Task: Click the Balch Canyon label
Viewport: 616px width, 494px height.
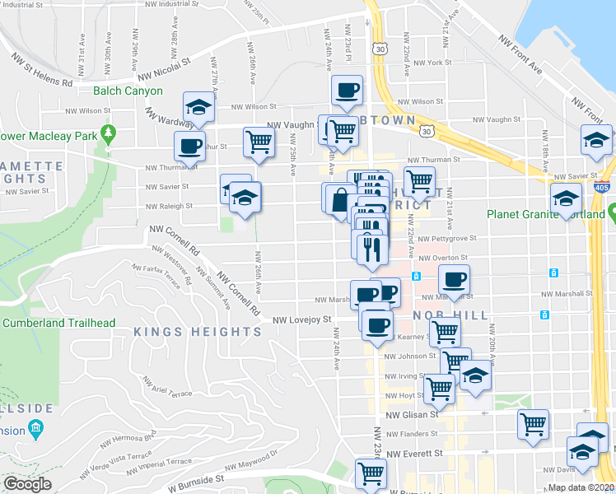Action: pyautogui.click(x=128, y=91)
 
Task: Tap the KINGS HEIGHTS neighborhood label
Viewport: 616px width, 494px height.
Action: pyautogui.click(x=198, y=332)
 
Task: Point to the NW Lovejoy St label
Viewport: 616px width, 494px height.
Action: pyautogui.click(x=301, y=319)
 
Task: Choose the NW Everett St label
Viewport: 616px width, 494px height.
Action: pyautogui.click(x=415, y=453)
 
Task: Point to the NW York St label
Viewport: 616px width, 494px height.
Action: pyautogui.click(x=432, y=63)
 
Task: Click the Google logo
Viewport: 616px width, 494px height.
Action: pyautogui.click(x=27, y=484)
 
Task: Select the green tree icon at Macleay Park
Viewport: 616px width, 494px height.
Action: pyautogui.click(x=108, y=133)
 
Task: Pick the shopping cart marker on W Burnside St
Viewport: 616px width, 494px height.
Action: pyautogui.click(x=371, y=473)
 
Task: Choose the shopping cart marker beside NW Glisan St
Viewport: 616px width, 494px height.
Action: pyautogui.click(x=534, y=423)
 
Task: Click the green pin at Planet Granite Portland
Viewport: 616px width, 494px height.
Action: pyautogui.click(x=613, y=215)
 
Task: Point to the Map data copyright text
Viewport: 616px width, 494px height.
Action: pyautogui.click(x=582, y=487)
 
